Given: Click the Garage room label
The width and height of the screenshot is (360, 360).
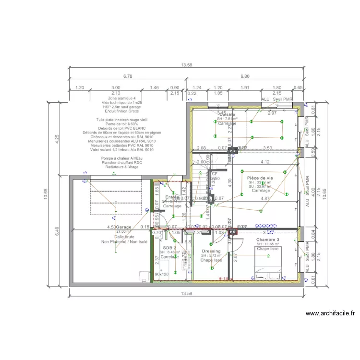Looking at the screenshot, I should [123, 227].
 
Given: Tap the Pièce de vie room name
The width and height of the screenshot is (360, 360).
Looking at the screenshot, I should [260, 178].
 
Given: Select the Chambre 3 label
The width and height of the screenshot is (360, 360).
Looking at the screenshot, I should [267, 240].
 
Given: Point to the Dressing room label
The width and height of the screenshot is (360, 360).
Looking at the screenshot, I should [211, 251].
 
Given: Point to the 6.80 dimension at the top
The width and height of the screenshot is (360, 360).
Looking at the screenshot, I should [244, 76].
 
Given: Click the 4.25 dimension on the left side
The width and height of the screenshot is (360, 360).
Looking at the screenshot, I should [57, 139].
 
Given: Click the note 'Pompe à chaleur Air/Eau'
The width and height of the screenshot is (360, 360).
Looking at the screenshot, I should [122, 158].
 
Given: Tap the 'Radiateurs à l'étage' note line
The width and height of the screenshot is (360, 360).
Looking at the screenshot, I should [122, 167].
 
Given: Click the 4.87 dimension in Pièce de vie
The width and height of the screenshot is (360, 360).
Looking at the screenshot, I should [264, 198].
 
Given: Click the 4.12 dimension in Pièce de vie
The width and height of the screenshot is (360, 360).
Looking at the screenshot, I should [264, 162].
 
